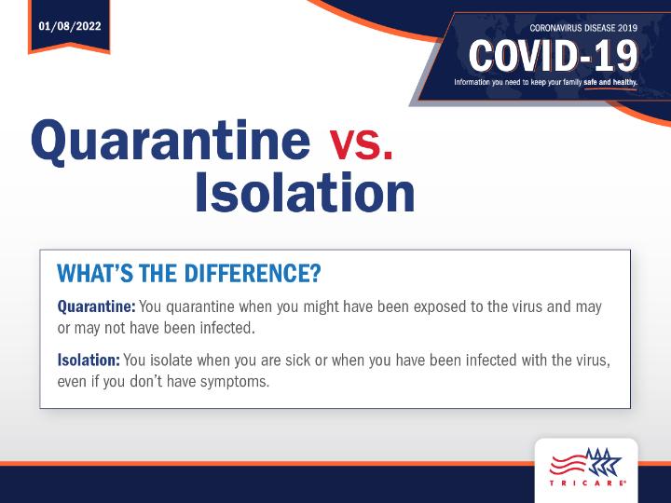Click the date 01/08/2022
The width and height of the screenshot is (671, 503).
70,26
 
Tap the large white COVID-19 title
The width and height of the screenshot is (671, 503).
554,56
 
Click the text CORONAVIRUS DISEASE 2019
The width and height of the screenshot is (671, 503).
583,28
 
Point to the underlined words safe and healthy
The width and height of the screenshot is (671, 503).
610,82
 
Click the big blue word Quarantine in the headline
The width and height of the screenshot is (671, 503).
171,141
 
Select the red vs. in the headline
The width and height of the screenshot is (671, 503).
361,144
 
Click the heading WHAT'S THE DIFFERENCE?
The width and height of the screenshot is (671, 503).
188,273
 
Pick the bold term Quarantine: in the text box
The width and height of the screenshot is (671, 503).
96,306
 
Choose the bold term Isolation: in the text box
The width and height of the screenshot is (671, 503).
89,360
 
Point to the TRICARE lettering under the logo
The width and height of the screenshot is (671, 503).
586,483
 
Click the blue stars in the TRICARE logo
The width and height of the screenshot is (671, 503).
603,462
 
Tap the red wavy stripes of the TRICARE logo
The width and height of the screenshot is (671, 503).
568,465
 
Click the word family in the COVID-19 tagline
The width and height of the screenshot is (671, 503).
572,82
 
